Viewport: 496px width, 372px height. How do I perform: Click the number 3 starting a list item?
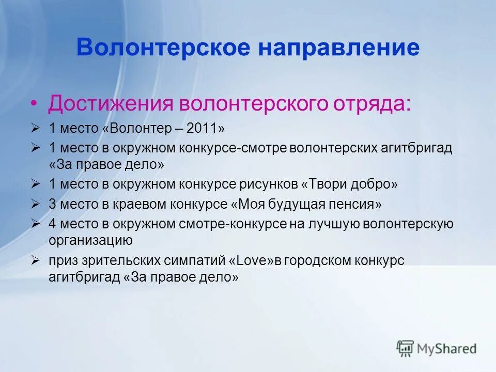[52, 204]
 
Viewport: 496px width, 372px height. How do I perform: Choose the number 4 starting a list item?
[52, 224]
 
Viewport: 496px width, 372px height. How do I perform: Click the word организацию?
[91, 240]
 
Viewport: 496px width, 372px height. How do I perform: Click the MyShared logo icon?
[406, 348]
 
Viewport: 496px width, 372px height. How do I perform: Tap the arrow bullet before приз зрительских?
[35, 260]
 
